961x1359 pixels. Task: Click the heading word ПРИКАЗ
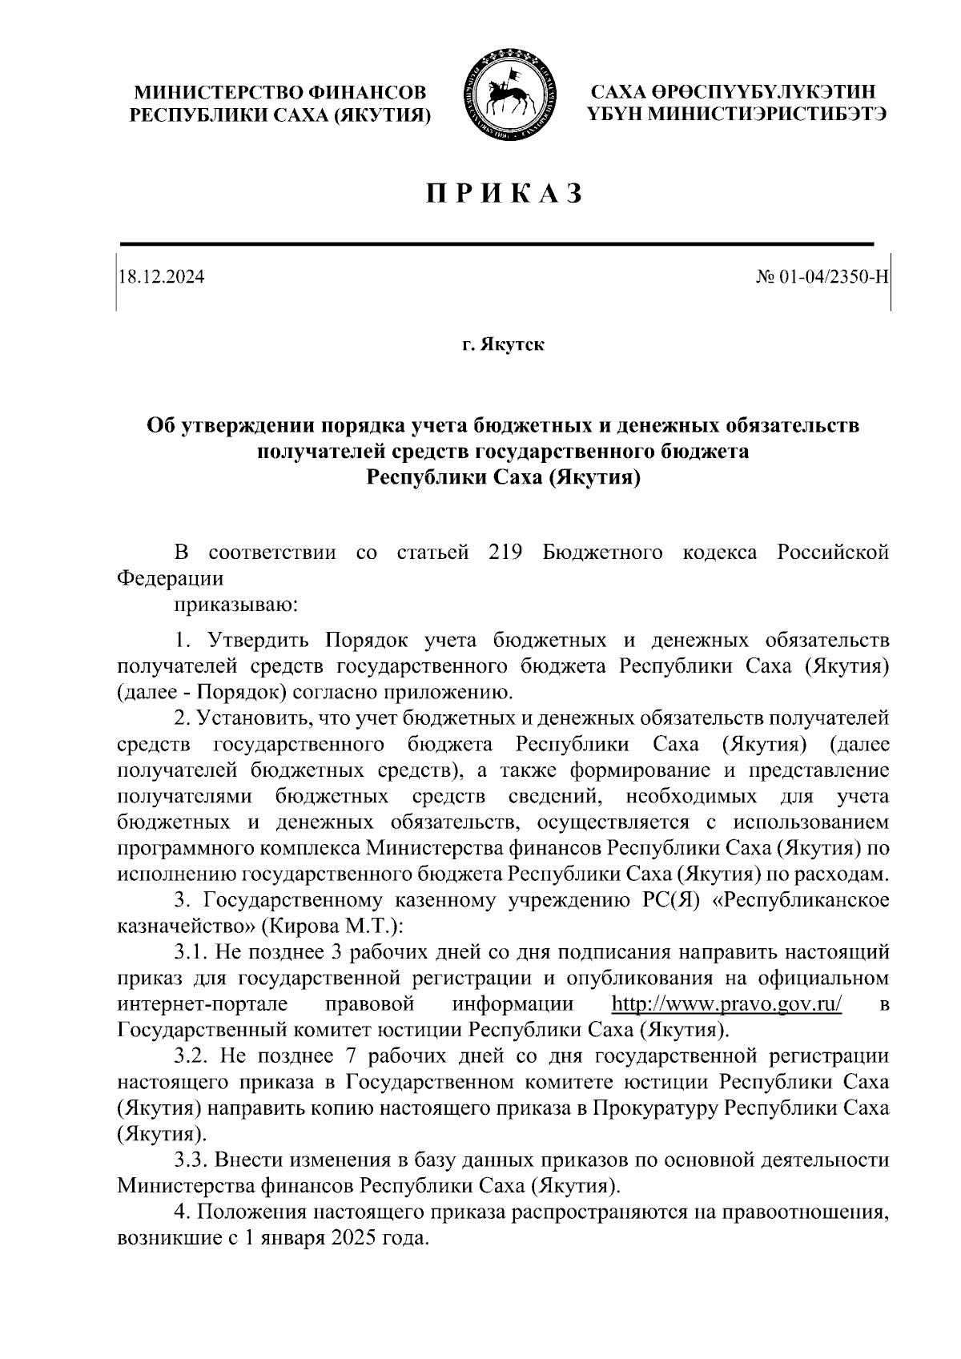(x=502, y=194)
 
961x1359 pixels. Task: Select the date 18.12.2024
(x=161, y=277)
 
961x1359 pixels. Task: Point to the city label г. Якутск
(x=503, y=345)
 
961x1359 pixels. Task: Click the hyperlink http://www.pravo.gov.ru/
(x=726, y=1004)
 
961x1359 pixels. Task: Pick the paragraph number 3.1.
(x=192, y=953)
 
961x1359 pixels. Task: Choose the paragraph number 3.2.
(x=192, y=1056)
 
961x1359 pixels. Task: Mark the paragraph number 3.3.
(x=192, y=1160)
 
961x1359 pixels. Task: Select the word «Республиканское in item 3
(x=800, y=901)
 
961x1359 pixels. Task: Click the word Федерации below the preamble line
(x=171, y=578)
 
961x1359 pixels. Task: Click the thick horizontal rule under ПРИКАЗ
(x=497, y=243)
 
